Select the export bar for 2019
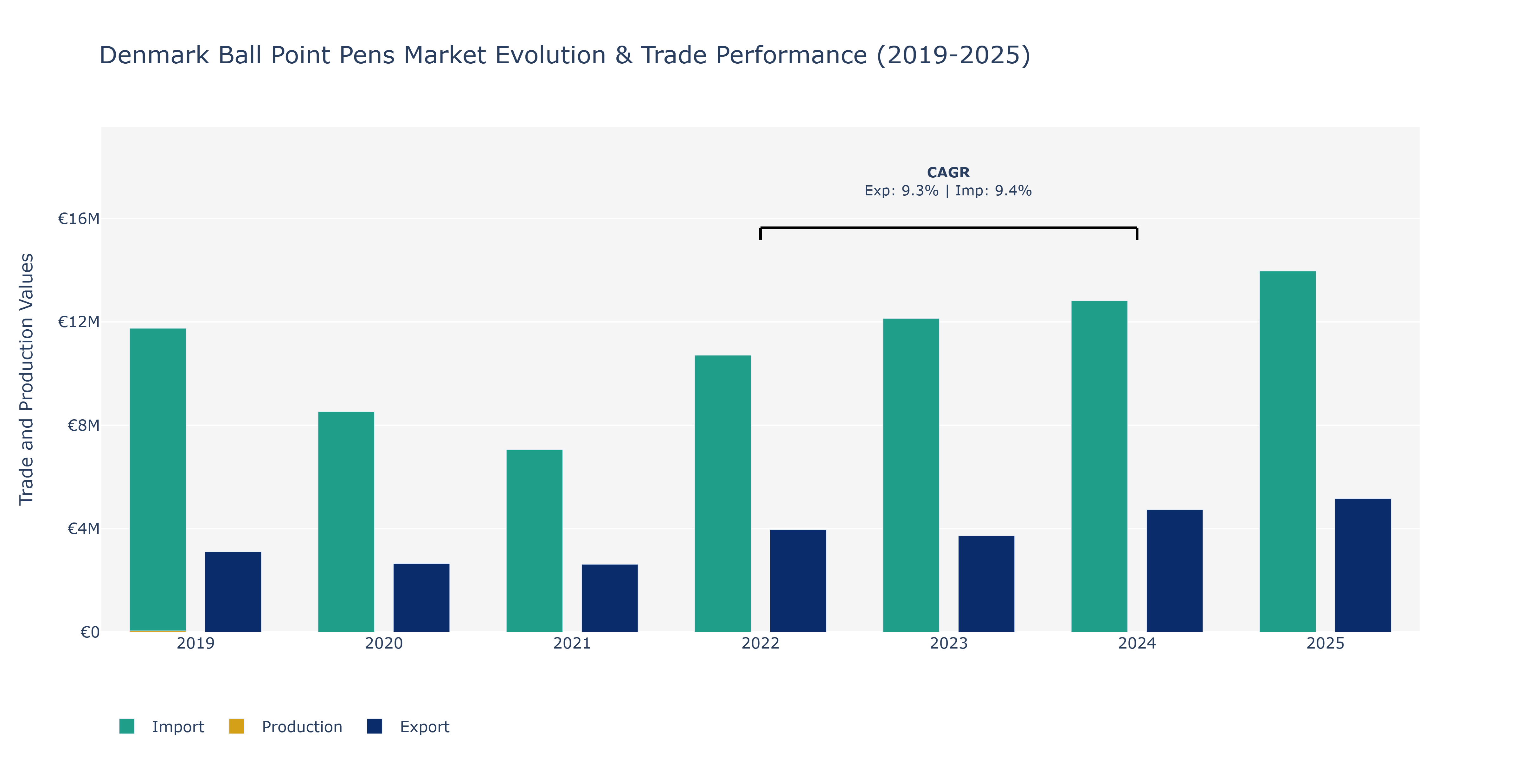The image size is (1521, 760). click(233, 592)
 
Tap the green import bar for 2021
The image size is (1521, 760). click(534, 541)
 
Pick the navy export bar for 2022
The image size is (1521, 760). click(798, 581)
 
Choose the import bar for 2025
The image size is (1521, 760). click(1288, 451)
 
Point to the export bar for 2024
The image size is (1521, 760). click(1174, 571)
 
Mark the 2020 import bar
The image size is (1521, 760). click(346, 522)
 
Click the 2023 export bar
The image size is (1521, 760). click(986, 584)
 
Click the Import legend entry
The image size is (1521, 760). click(162, 726)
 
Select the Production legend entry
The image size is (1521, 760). click(286, 726)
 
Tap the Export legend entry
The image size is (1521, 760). click(408, 726)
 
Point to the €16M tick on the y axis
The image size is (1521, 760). click(79, 219)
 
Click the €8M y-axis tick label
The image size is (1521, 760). click(83, 425)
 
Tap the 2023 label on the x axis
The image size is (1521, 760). click(949, 643)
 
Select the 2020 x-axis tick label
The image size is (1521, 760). click(384, 643)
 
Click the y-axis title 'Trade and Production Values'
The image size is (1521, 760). click(27, 379)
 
